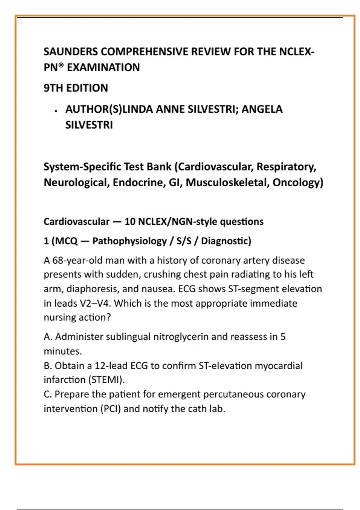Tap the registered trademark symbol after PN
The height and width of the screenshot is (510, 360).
[61, 65]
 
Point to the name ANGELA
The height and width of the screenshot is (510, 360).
[262, 109]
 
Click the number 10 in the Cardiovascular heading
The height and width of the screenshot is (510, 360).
[130, 222]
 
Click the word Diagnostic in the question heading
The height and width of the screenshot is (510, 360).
[226, 241]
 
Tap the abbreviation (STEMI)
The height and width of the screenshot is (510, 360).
[106, 380]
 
